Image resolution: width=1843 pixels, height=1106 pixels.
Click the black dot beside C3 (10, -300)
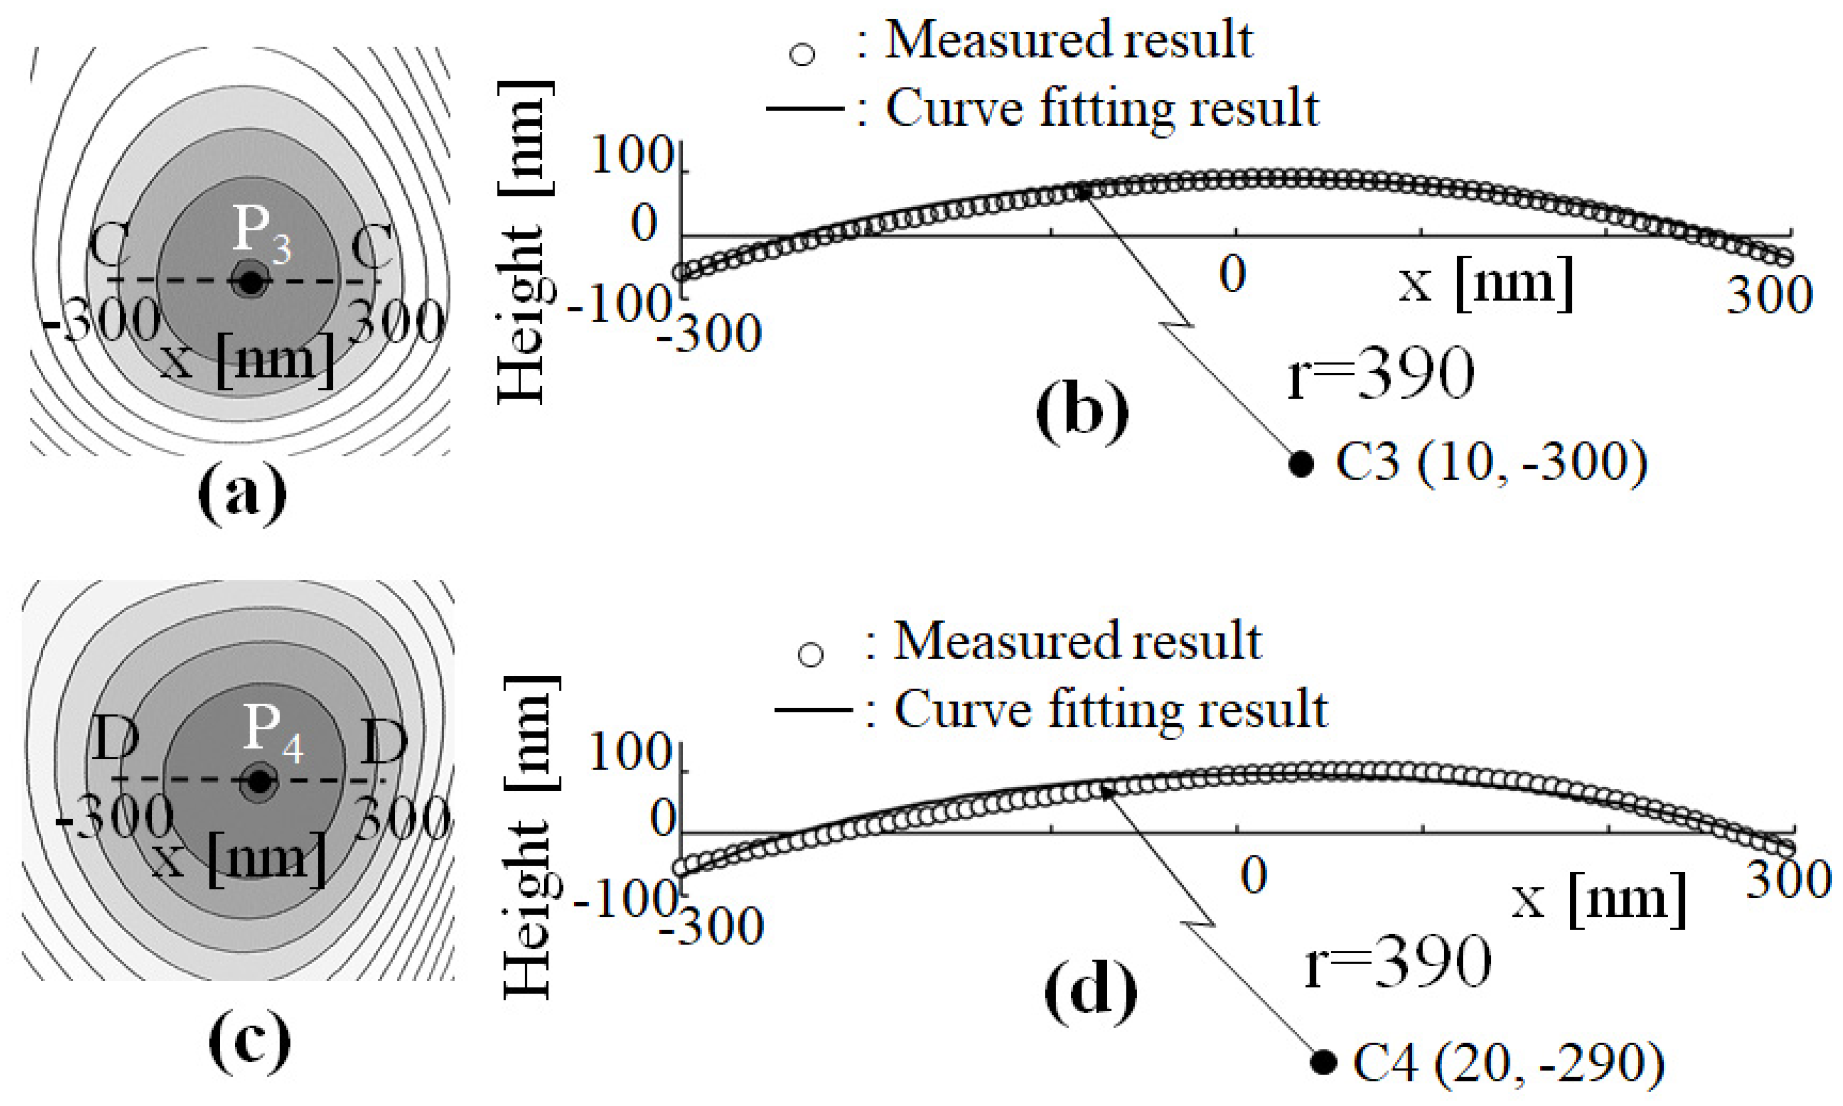pos(1301,464)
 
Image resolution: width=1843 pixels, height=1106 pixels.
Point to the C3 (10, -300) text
pos(1490,462)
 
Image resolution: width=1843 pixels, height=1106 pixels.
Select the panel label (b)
pos(1082,412)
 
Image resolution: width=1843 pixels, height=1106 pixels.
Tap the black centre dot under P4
pos(258,782)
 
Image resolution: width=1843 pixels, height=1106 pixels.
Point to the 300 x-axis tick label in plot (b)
pos(1768,295)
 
